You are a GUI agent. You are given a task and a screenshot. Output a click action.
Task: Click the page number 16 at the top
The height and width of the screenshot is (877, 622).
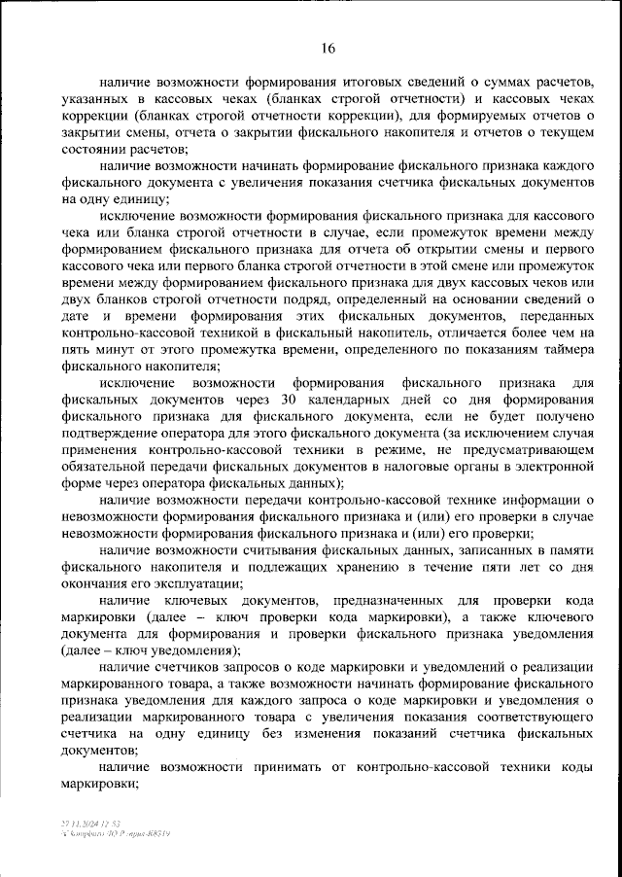328,50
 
